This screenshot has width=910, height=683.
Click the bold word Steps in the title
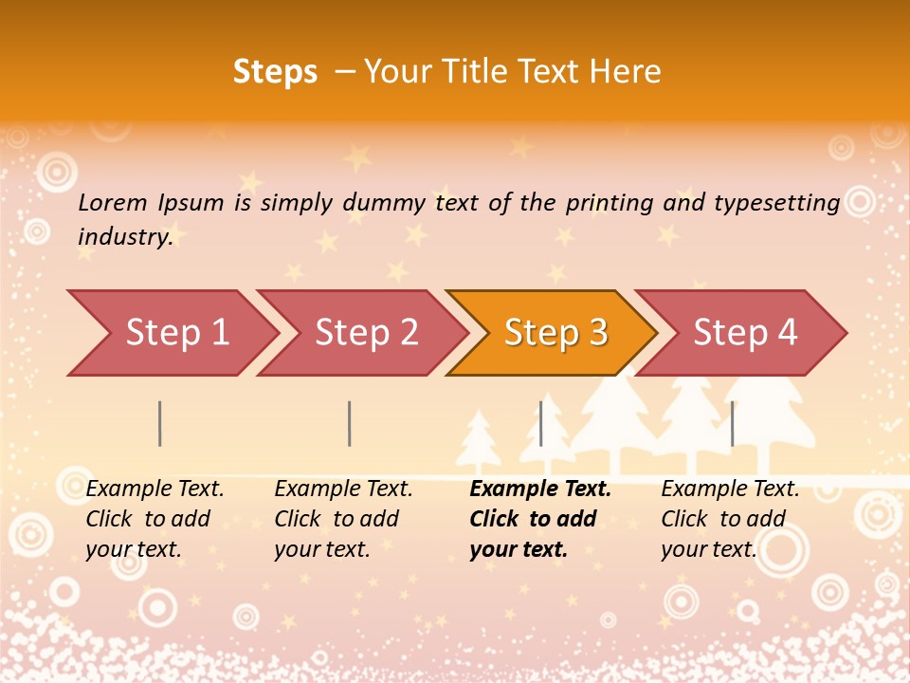[275, 72]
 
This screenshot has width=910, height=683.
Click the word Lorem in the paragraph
[113, 202]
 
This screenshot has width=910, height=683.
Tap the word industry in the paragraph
[125, 236]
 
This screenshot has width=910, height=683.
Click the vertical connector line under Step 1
[160, 423]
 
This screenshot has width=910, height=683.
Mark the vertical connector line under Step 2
[350, 423]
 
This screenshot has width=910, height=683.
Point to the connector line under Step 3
[540, 423]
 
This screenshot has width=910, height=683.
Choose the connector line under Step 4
[732, 423]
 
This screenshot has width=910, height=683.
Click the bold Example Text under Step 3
[540, 489]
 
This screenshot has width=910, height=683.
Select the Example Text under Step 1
[155, 489]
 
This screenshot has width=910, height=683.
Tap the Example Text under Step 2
[343, 489]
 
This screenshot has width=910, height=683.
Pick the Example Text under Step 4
[730, 489]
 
